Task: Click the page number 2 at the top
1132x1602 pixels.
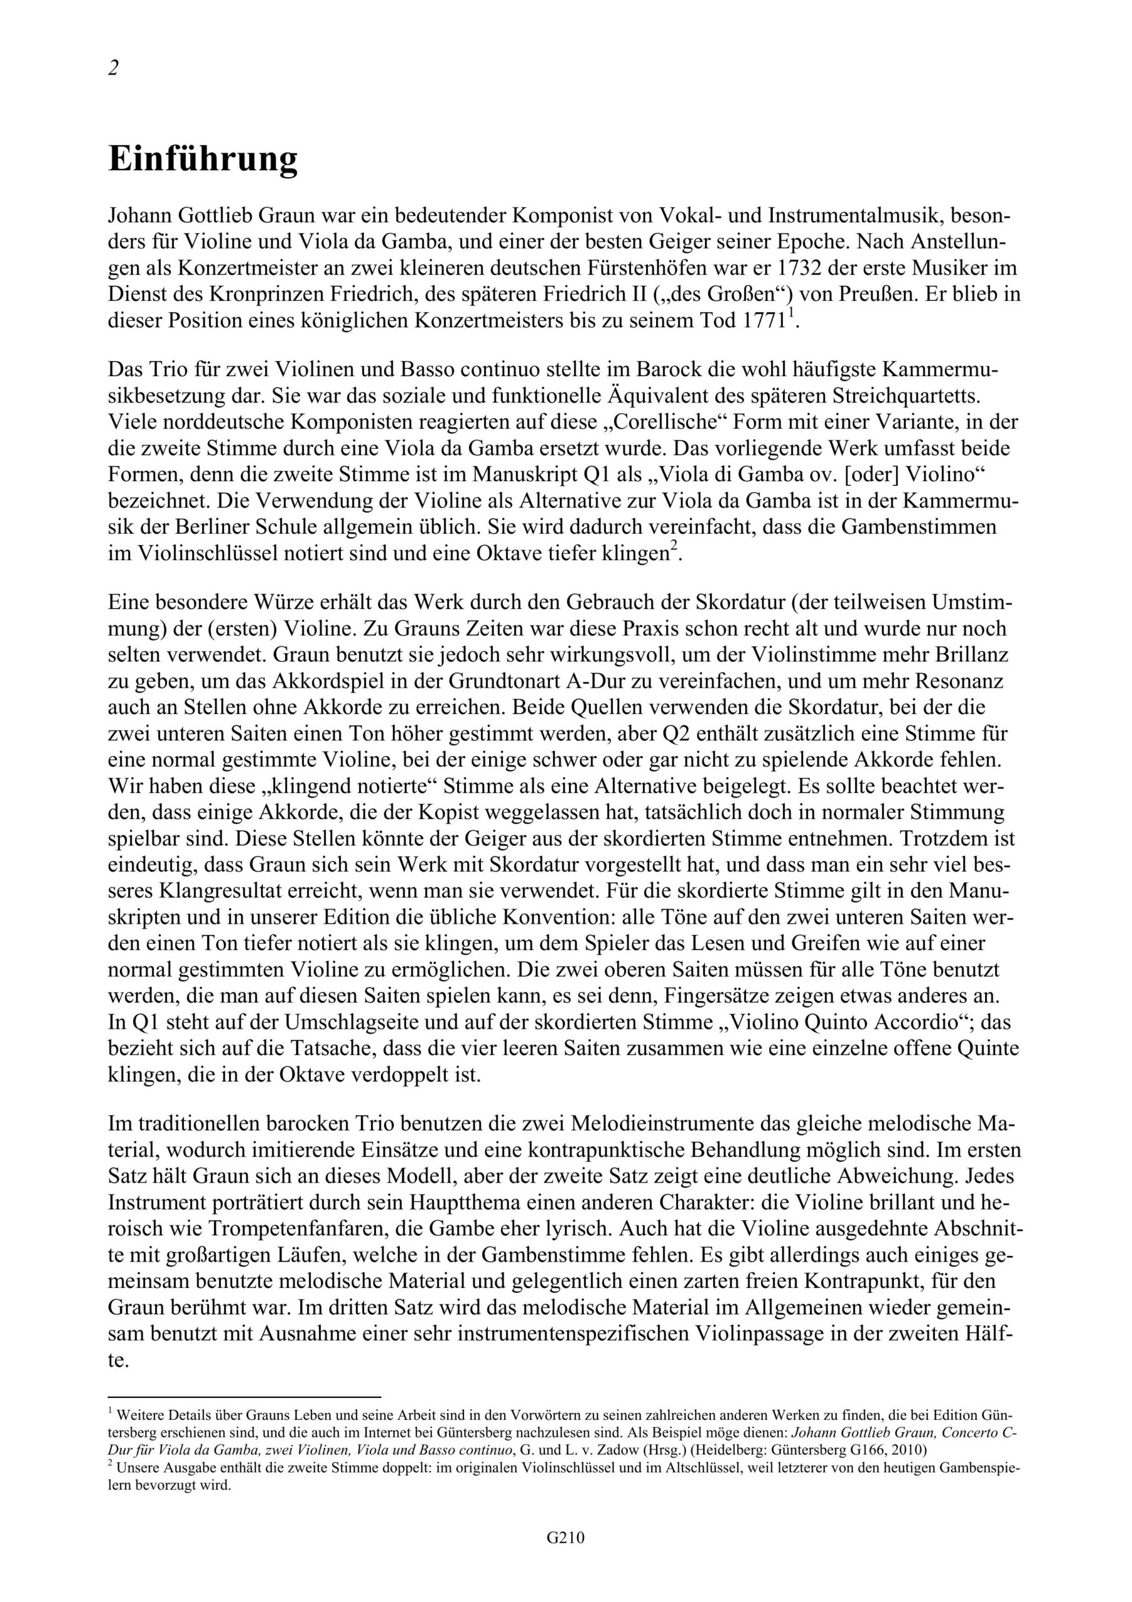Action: (x=114, y=68)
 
